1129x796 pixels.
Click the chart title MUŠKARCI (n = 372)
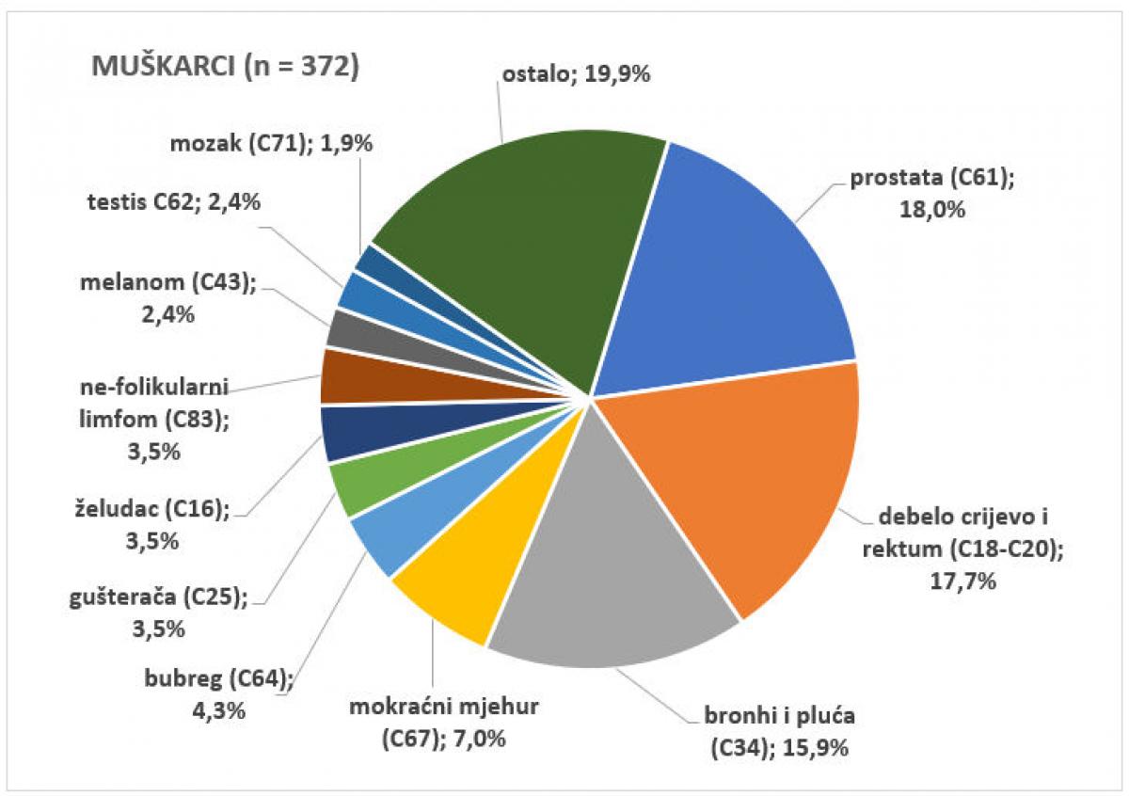coord(224,69)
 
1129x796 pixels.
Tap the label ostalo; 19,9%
coord(575,74)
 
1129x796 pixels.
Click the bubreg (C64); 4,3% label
coord(220,693)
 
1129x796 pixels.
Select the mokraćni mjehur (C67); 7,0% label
coord(445,722)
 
